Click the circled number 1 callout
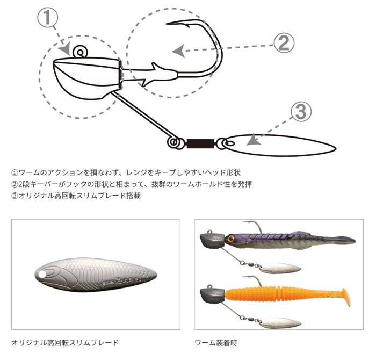tap(47, 18)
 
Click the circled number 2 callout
tap(284, 43)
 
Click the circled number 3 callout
tap(301, 112)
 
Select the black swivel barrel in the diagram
tap(200, 143)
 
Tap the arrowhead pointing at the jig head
tap(65, 49)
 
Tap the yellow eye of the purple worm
tap(231, 238)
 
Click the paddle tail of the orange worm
tap(345, 298)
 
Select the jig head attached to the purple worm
tap(212, 240)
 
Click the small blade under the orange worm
tap(280, 323)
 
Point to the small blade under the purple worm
tap(280, 268)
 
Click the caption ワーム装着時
tap(216, 343)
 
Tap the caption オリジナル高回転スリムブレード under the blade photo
tap(65, 342)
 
